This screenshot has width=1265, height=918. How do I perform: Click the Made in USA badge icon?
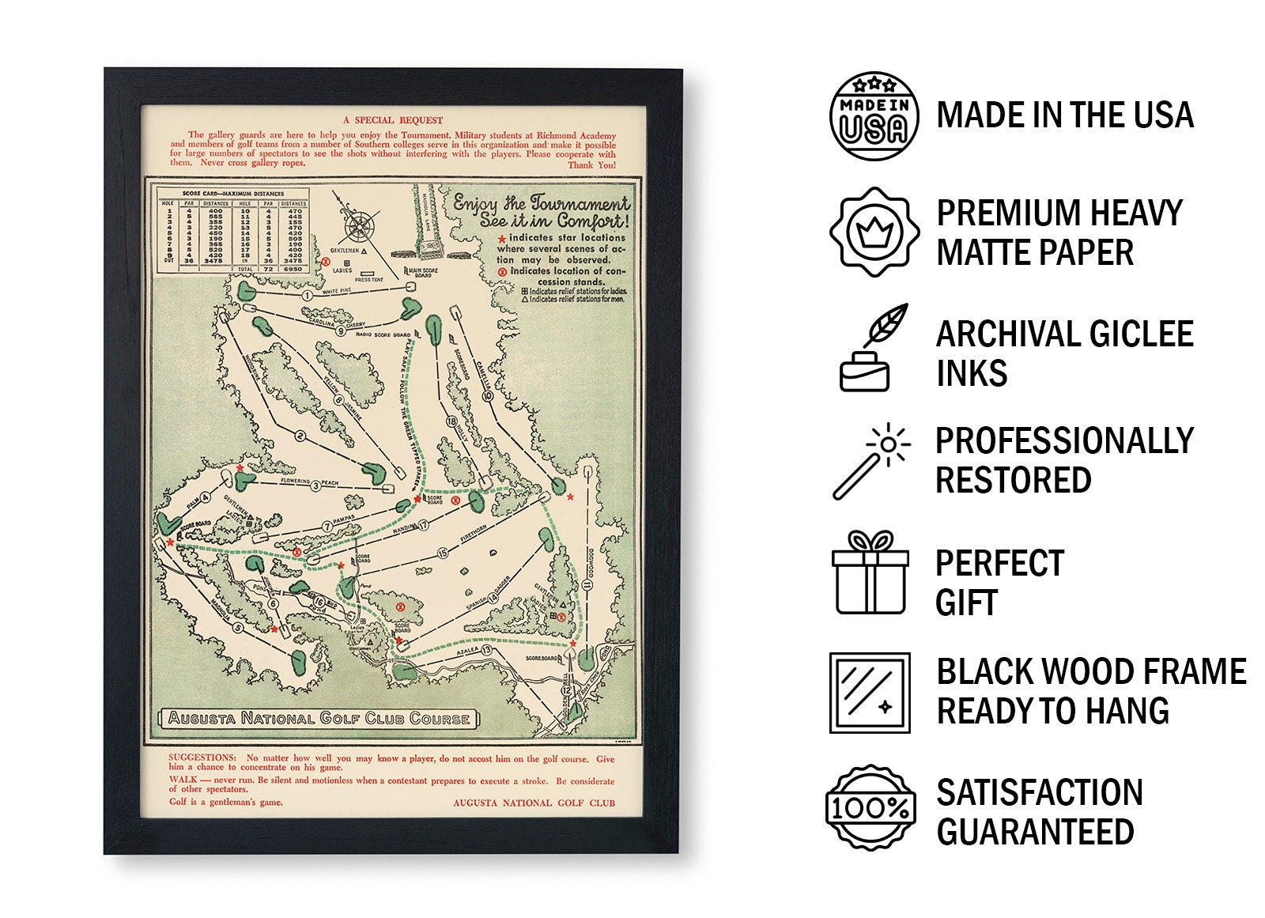(x=874, y=116)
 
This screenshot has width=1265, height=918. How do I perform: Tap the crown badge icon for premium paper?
(x=874, y=232)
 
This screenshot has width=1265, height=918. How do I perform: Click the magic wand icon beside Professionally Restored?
(x=871, y=461)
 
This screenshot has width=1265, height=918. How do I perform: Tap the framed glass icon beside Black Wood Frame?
(x=870, y=693)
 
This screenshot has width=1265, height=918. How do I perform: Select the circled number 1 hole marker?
(x=307, y=296)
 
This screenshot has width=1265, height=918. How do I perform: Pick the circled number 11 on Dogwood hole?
(x=587, y=584)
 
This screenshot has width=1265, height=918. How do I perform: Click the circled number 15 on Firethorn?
(x=442, y=553)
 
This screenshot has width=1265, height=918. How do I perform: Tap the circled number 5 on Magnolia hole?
(x=238, y=629)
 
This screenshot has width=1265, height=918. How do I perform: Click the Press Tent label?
(x=369, y=279)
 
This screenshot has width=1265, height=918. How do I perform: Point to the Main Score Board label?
(x=423, y=273)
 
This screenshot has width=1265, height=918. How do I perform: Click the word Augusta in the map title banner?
(x=202, y=718)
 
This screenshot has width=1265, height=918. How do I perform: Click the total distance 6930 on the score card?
(x=293, y=269)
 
